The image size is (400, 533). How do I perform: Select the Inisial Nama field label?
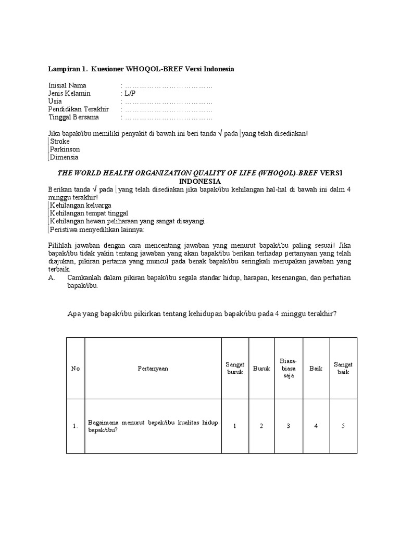[68, 85]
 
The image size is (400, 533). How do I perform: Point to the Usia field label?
[55, 101]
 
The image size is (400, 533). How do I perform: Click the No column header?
[76, 369]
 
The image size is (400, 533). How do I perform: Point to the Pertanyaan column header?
[153, 369]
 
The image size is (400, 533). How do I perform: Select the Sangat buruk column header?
[235, 369]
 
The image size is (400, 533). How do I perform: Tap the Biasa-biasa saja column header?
[289, 368]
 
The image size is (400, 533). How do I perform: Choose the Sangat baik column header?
[343, 369]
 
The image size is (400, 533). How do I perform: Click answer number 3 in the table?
[289, 426]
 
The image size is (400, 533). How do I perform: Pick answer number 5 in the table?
[343, 426]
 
